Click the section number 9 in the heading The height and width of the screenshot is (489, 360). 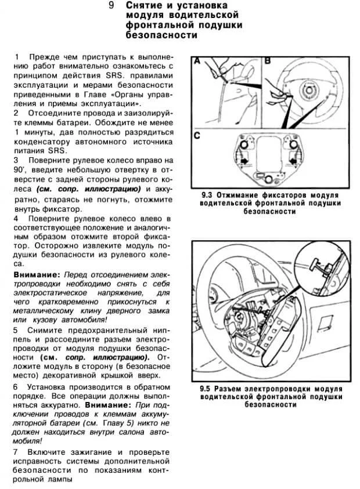tap(111, 5)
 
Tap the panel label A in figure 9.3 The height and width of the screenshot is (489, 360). tap(197, 61)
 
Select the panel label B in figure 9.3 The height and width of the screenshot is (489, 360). tap(268, 61)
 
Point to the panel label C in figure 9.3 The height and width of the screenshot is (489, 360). tap(197, 136)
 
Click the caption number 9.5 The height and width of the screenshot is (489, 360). tap(205, 388)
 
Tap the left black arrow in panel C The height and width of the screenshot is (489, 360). tap(244, 157)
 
